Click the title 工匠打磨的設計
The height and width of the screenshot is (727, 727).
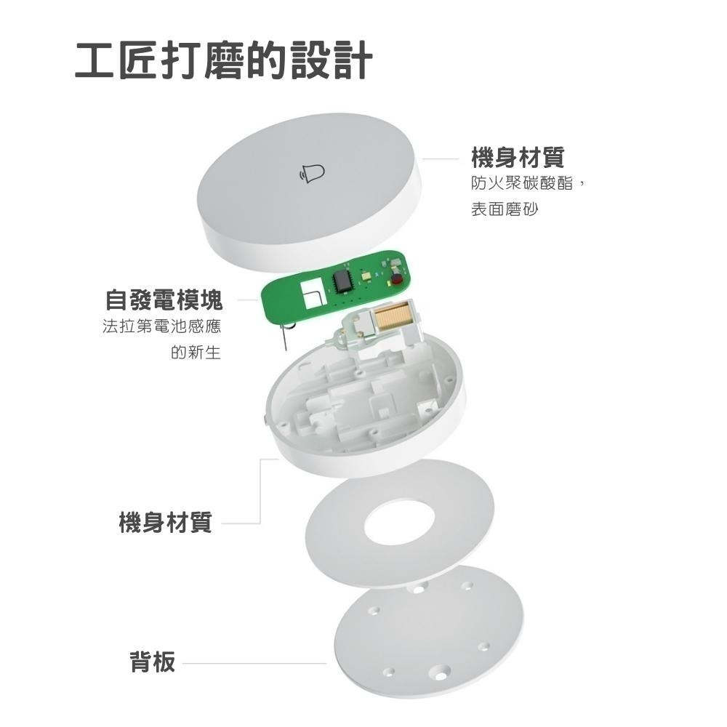pos(224,61)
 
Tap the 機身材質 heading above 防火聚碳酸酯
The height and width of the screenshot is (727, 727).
pos(518,156)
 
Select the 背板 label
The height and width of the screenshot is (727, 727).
pos(153,662)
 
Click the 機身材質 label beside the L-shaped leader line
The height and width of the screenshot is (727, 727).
pos(166,522)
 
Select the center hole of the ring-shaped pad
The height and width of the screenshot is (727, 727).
pos(399,521)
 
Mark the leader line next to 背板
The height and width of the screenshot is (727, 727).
pos(254,663)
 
